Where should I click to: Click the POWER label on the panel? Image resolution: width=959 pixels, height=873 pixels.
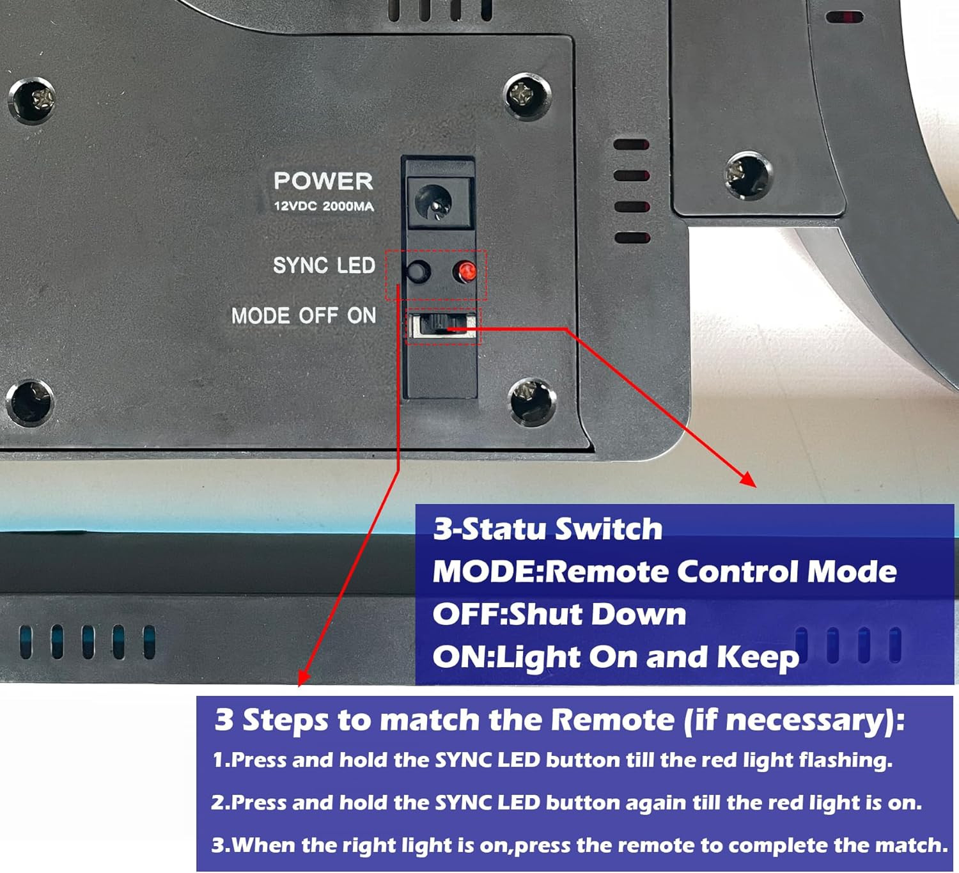pyautogui.click(x=323, y=181)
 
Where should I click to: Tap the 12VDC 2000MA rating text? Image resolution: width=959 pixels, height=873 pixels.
pyautogui.click(x=324, y=207)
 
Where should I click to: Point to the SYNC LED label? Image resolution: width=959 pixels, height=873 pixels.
pyautogui.click(x=324, y=265)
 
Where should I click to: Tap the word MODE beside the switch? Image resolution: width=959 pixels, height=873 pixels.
pyautogui.click(x=261, y=316)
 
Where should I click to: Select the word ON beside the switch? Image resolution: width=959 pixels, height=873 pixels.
pyautogui.click(x=361, y=316)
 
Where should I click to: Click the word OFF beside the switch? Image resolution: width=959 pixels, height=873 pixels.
pyautogui.click(x=318, y=316)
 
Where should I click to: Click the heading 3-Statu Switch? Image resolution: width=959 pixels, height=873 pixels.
pyautogui.click(x=547, y=529)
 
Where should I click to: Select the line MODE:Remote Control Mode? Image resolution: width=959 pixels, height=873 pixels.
pyautogui.click(x=664, y=572)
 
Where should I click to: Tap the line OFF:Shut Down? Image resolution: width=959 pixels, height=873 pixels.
pyautogui.click(x=559, y=614)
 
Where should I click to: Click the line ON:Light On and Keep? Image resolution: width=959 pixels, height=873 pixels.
pyautogui.click(x=616, y=657)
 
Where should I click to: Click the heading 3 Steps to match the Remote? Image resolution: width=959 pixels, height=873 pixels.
pyautogui.click(x=559, y=720)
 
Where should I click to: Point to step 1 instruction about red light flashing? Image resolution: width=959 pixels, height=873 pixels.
pyautogui.click(x=552, y=760)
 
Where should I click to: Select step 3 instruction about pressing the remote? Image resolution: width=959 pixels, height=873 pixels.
pyautogui.click(x=580, y=845)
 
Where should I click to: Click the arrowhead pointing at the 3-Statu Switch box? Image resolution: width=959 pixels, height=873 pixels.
pyautogui.click(x=749, y=480)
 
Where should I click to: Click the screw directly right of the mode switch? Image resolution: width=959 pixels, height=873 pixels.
pyautogui.click(x=532, y=402)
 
